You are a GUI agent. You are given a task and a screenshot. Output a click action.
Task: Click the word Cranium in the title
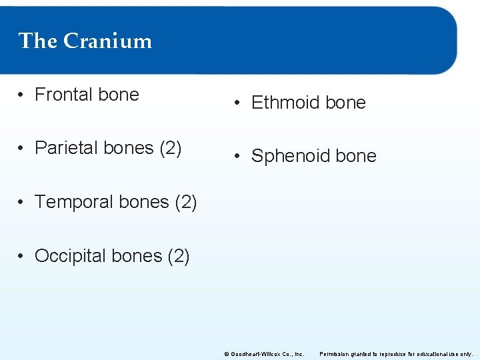pos(107,41)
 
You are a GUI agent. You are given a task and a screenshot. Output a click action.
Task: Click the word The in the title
pos(38,41)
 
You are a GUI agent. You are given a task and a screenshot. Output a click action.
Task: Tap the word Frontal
pos(64,95)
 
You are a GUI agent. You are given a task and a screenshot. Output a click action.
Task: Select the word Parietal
pos(65,148)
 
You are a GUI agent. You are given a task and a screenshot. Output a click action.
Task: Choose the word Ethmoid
pos(282,103)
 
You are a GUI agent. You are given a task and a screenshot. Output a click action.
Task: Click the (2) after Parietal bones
pos(171,148)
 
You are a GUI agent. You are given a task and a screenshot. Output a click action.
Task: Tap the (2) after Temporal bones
pos(185,202)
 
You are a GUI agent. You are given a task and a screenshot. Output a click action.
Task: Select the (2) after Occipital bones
pos(178,256)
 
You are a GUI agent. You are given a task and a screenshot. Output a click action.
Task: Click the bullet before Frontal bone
pos(22,95)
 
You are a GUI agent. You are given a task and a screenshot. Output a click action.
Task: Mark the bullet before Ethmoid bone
pos(237,103)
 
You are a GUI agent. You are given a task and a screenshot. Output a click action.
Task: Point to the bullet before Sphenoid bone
pos(237,157)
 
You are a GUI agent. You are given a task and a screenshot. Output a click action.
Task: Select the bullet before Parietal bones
pos(22,149)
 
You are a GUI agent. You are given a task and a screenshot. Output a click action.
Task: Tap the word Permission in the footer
pos(335,354)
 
